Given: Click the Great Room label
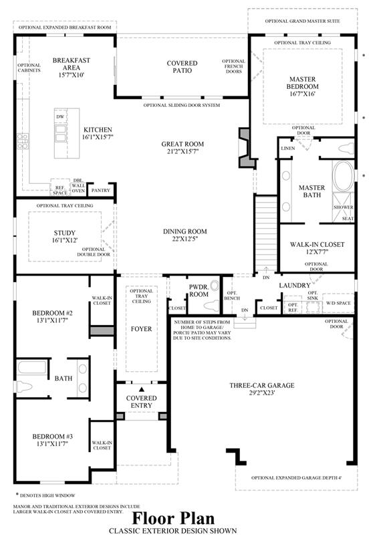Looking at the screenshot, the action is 182,144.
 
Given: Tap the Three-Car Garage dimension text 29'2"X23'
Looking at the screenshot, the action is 262,393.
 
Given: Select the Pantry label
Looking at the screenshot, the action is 101,191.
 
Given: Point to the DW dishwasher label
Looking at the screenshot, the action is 60,117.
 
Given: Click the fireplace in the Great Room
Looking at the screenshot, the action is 245,148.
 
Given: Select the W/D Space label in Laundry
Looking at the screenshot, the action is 338,303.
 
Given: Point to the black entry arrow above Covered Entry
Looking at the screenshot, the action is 142,390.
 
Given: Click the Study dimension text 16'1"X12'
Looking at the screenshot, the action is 65,240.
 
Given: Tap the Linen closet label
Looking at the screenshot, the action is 287,148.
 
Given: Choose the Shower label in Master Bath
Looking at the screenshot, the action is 344,207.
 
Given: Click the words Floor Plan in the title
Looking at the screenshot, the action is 173,518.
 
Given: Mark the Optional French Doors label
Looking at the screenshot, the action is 233,66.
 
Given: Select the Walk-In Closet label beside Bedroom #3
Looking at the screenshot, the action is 102,445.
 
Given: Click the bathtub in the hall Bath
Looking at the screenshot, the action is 31,368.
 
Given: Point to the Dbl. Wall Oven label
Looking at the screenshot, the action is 78,186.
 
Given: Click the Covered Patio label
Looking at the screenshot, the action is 182,67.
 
